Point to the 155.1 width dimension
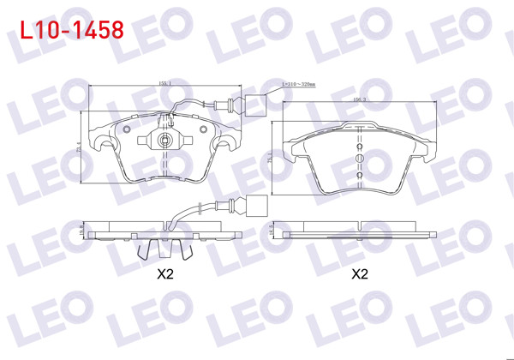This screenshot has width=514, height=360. point(164,83)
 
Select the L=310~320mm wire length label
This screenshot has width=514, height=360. point(299,85)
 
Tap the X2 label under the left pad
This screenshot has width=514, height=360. point(165,274)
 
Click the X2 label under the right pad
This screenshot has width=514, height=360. point(360,274)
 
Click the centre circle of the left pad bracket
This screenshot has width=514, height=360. point(164,138)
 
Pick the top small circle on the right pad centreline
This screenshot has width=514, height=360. point(360,147)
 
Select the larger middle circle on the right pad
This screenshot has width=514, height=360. point(360,157)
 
